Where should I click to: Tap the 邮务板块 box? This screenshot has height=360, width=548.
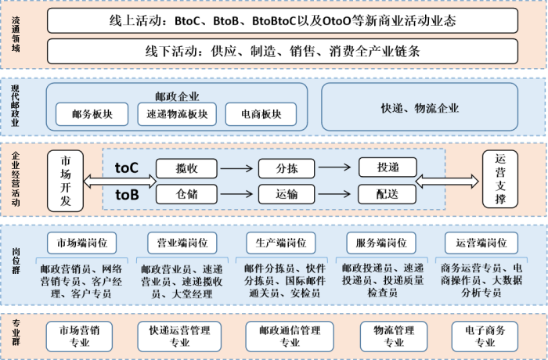click(x=92, y=114)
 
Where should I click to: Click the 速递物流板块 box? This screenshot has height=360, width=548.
click(x=177, y=114)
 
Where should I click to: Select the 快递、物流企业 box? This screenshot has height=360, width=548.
click(x=420, y=108)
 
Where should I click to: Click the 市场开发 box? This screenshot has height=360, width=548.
click(x=65, y=181)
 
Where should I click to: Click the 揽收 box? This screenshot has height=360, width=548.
click(x=186, y=167)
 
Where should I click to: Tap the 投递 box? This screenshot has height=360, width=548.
click(x=388, y=167)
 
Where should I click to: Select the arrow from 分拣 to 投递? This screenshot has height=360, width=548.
click(x=337, y=167)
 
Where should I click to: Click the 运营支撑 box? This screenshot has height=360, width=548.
click(x=500, y=181)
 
